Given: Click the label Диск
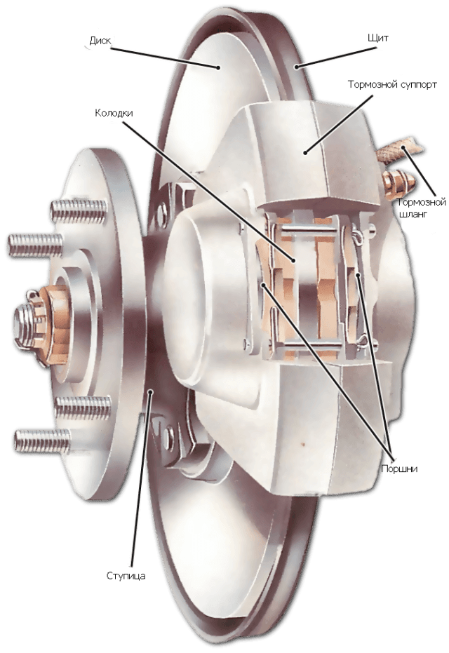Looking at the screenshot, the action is coord(100,41).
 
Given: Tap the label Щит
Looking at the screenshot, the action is coord(378,38).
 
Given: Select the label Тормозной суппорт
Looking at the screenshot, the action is coord(392,85).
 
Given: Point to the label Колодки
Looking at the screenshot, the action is coord(114,112).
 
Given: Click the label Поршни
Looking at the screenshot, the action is coord(399,469).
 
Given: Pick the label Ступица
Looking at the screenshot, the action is coord(126,576).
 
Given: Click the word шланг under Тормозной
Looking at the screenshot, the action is coord(413,214).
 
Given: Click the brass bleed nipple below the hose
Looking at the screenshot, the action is coord(397,184).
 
